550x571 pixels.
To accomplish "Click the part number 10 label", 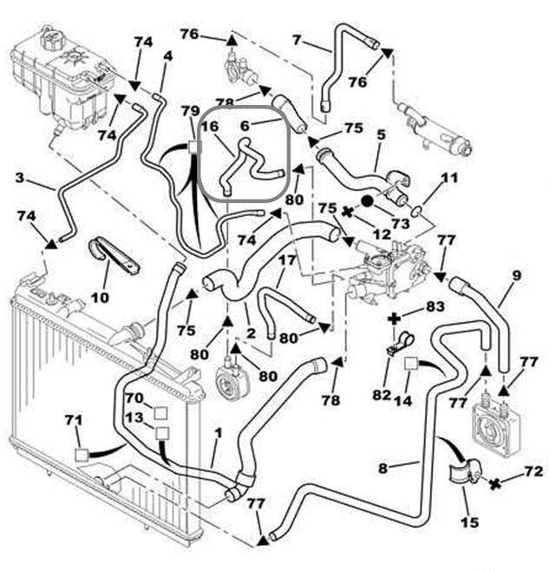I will point(100,298).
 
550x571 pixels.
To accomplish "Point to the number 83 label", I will point(434,306).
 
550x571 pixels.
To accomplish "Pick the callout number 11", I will point(448,180).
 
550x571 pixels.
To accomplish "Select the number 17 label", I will point(287,259).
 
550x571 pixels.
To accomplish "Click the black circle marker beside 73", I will point(367,200).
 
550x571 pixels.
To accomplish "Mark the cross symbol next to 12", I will point(348,211).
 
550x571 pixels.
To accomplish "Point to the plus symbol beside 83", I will point(395,318).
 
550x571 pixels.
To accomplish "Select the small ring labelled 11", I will point(417,209).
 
